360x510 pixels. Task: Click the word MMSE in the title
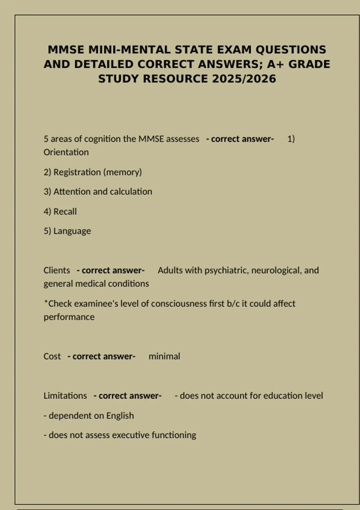point(66,49)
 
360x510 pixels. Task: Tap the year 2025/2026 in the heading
point(244,79)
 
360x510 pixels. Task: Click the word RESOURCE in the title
point(175,79)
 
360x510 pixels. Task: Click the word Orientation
point(66,152)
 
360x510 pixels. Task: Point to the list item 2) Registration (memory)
point(93,172)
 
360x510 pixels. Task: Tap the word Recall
point(65,211)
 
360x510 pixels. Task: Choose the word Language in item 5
point(72,231)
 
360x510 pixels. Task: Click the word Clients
point(57,270)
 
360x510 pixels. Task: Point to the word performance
point(69,317)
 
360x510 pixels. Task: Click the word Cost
point(52,356)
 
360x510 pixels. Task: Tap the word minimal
point(164,356)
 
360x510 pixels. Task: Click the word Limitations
point(65,396)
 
